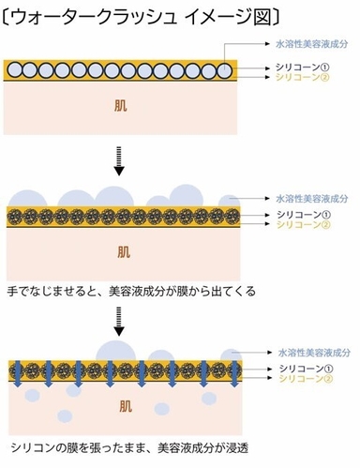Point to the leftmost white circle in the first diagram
[x=16, y=69]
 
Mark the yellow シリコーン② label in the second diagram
[x=302, y=227]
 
